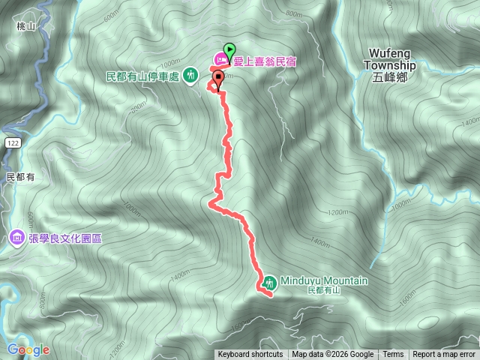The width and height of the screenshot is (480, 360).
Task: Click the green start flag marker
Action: coord(229,47)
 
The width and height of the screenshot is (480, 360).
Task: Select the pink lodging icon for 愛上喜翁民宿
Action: coord(222,58)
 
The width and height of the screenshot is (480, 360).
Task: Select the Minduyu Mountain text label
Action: coord(324,280)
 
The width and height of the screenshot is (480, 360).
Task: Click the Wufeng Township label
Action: coord(392,59)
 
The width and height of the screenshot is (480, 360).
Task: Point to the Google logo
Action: coord(28,349)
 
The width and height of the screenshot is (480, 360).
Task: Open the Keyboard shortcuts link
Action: coord(250,355)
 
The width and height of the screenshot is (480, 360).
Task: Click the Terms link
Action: coord(393,355)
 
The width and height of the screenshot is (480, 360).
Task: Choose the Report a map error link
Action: coord(444,355)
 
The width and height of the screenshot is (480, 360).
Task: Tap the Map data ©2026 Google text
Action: coord(333,355)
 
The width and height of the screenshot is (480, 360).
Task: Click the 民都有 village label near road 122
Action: coord(21,177)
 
